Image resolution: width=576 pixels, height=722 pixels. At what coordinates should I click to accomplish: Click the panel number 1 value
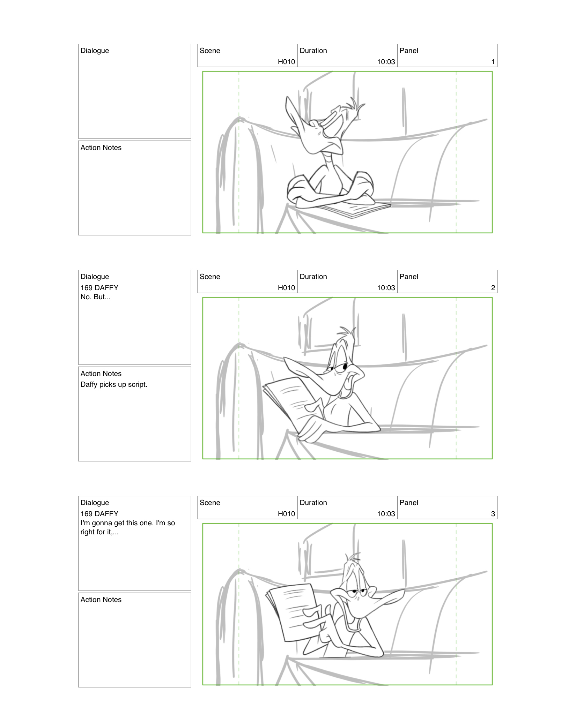click(493, 62)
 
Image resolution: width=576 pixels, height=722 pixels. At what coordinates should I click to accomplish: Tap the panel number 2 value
click(493, 288)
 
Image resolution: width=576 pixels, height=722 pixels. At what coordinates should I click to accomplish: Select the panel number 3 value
click(493, 514)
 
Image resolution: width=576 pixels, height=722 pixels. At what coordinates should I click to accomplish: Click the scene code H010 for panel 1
click(286, 62)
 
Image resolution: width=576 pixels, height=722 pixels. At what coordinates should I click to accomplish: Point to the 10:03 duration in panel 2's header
click(386, 288)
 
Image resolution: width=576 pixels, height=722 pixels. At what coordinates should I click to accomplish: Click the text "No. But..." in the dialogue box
click(95, 297)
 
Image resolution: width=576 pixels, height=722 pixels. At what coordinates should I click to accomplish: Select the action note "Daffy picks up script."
click(114, 384)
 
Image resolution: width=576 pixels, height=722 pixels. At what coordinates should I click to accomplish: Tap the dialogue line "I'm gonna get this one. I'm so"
click(127, 523)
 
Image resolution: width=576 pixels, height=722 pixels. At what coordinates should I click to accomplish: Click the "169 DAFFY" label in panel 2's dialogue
click(99, 288)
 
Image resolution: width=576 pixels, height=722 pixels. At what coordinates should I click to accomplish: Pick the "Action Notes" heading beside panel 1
click(101, 148)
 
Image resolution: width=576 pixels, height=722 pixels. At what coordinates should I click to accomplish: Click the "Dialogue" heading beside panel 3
click(95, 503)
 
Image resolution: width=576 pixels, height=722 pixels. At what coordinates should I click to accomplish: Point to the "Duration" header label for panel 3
click(313, 503)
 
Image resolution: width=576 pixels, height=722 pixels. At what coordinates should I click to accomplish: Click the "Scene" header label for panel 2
click(210, 277)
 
